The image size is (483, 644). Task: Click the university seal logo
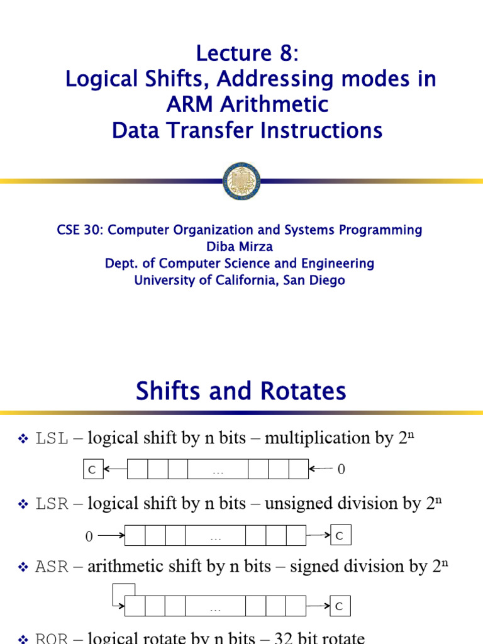click(241, 181)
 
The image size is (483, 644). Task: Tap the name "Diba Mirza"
click(241, 247)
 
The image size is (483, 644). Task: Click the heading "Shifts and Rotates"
click(241, 392)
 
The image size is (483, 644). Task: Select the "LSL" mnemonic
click(52, 439)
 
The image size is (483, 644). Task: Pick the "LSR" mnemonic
click(52, 504)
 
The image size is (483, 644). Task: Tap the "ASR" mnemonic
click(52, 568)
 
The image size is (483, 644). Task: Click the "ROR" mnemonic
click(52, 638)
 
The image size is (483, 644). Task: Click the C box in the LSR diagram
click(340, 535)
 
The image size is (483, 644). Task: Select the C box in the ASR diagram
click(340, 606)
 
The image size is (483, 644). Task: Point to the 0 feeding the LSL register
click(341, 470)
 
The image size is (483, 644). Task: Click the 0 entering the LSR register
click(89, 536)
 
